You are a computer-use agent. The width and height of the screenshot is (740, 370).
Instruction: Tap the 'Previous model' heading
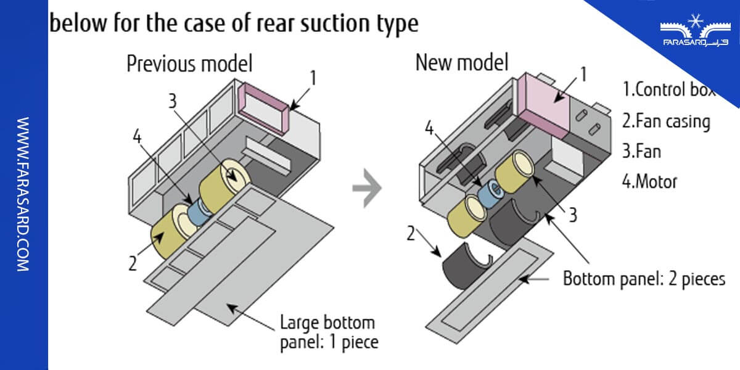click(189, 64)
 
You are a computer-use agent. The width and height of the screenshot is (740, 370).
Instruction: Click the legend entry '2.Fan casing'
click(666, 121)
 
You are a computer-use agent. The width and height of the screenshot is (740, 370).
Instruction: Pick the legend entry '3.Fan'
click(641, 151)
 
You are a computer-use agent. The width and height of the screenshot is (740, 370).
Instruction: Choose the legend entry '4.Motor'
click(649, 182)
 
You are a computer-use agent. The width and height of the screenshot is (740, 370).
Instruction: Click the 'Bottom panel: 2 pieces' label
click(644, 279)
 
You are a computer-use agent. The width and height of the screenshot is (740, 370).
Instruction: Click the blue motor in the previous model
click(199, 209)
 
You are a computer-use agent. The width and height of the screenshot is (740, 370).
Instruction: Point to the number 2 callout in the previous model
click(132, 263)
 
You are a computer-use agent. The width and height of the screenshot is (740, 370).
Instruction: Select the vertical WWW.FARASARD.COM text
click(23, 194)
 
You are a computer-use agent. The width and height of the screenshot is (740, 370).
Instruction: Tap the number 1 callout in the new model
click(583, 75)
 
